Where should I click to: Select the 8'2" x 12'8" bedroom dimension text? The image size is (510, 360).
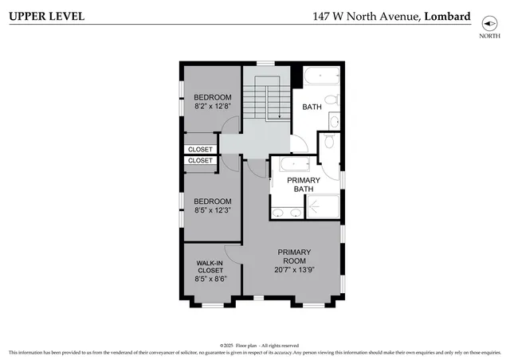(213, 106)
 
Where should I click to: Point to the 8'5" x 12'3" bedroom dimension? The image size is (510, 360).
(213, 210)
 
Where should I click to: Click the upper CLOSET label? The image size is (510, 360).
(201, 149)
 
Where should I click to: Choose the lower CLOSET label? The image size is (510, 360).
(201, 160)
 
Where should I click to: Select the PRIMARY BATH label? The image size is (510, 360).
(304, 185)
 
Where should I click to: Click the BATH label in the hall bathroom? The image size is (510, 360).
(312, 106)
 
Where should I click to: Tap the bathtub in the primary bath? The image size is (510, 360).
(289, 164)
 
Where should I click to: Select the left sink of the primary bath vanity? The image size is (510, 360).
(278, 213)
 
